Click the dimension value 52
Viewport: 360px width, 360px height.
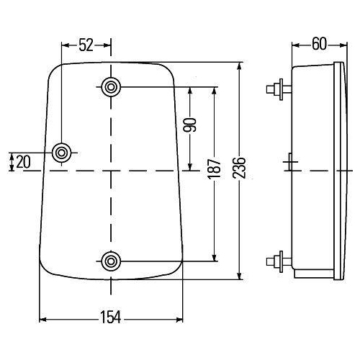click(86, 45)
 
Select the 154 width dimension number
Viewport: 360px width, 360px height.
click(111, 317)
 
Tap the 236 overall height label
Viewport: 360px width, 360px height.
click(239, 168)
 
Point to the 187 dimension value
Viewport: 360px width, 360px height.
click(215, 168)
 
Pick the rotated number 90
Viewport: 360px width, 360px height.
click(190, 125)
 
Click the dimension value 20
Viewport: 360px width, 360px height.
click(23, 162)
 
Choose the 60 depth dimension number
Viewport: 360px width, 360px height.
click(320, 44)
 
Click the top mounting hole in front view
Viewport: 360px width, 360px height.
click(111, 87)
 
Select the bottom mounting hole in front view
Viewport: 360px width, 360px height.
click(111, 261)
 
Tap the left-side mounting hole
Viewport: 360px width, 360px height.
click(62, 153)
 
